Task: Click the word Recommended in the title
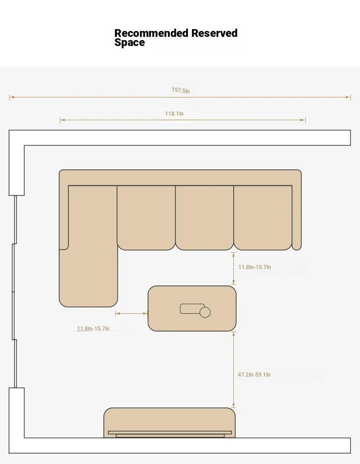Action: pos(151,33)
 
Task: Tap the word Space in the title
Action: pos(130,43)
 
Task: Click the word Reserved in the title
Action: pos(214,33)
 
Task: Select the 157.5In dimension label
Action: pos(180,90)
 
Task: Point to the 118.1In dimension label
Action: pos(174,114)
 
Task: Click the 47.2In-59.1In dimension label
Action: pos(254,375)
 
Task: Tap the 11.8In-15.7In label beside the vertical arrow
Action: pos(255,267)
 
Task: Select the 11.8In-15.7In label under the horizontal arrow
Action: pos(93,329)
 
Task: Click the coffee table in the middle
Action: pos(192,308)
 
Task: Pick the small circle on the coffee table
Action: pos(205,312)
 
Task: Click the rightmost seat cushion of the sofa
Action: pos(263,218)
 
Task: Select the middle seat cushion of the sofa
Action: pos(205,218)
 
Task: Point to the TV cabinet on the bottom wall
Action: pos(170,423)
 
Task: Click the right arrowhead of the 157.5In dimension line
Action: pos(349,97)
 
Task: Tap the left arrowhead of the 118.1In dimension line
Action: pos(62,120)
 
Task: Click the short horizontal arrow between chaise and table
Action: pos(131,313)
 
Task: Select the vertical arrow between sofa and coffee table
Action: pos(234,268)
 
